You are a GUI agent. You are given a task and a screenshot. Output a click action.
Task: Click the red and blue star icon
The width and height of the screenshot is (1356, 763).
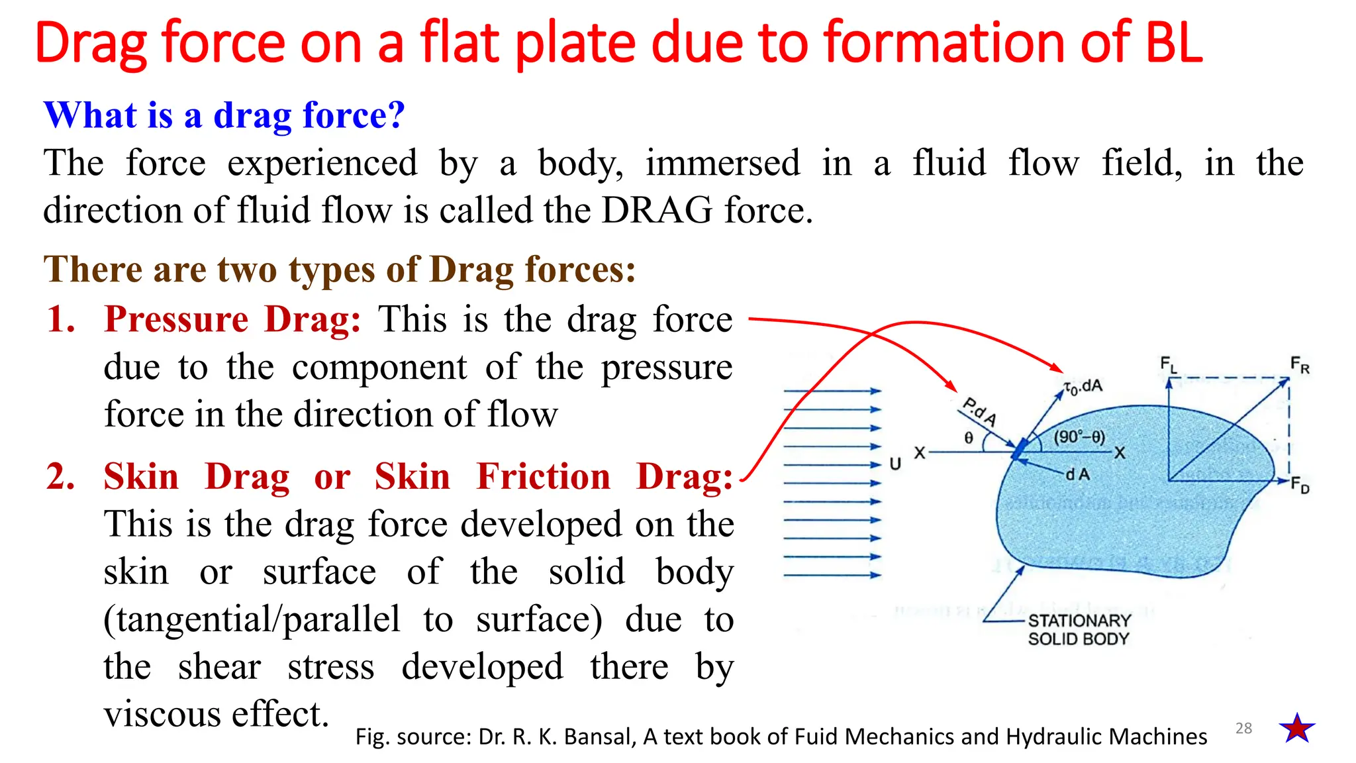coord(1297,729)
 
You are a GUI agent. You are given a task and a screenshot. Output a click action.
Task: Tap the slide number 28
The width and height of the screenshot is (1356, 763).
coord(1243,729)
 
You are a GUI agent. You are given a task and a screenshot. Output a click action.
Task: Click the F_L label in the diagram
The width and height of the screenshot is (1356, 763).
coord(1169,364)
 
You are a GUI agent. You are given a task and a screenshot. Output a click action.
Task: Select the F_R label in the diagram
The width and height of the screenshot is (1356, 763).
coord(1300,364)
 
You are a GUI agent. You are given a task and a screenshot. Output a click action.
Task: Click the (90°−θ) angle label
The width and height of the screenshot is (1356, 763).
coord(1079,437)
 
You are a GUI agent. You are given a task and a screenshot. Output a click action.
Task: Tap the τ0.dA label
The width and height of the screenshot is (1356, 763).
coord(1083,387)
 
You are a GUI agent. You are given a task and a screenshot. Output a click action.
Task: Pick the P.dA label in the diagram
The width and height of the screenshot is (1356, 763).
coord(979,411)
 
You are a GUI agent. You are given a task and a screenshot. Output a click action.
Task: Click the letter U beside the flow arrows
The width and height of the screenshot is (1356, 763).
coord(895,464)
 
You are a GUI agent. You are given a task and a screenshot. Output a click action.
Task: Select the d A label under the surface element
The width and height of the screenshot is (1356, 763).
coord(1077,474)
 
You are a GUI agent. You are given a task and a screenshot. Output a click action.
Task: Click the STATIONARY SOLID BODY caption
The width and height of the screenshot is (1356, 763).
coord(1079,629)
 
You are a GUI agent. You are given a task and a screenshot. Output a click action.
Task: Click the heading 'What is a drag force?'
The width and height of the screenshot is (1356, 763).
coord(224,115)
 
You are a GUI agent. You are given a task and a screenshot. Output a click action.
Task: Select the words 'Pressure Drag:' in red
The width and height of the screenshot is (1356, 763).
coord(233,319)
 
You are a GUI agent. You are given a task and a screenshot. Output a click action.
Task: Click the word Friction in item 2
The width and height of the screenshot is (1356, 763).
coord(544,477)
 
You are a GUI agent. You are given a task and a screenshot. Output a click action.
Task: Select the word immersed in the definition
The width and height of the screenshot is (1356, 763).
coord(722,163)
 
